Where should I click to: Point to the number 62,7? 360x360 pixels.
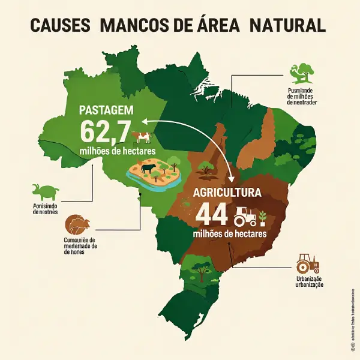(102, 130)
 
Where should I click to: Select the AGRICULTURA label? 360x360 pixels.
(227, 194)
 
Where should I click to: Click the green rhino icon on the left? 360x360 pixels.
(46, 193)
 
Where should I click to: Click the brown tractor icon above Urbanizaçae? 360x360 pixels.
(308, 264)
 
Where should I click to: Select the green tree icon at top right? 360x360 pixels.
(302, 73)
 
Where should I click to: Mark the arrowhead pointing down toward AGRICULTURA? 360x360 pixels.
(231, 178)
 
